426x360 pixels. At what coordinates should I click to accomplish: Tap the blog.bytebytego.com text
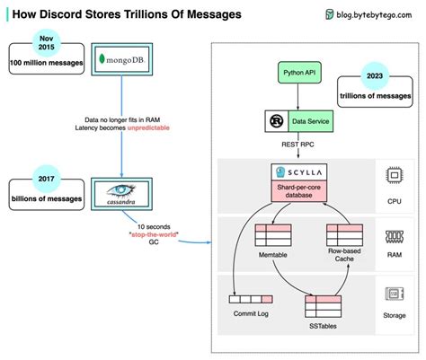[x=374, y=14]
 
